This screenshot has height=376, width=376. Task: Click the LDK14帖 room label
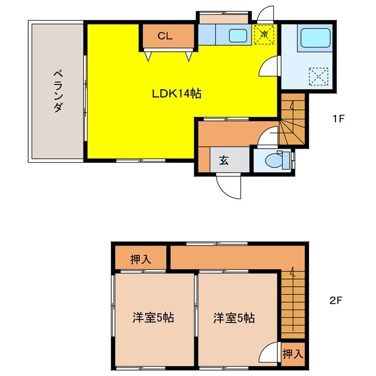click(x=177, y=93)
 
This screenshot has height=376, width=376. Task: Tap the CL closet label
click(x=165, y=36)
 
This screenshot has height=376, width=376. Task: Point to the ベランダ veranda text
click(x=58, y=91)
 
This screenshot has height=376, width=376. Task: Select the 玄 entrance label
click(x=224, y=159)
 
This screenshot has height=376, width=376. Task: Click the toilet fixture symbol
click(x=277, y=160)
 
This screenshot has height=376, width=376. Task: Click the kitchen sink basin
click(x=238, y=35)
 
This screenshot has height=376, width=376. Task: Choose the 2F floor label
click(x=335, y=300)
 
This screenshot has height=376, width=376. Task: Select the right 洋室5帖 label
click(x=234, y=318)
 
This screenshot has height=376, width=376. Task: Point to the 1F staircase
click(x=292, y=120)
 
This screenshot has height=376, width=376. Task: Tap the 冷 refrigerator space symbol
click(x=264, y=34)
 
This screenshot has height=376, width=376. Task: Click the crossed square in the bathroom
click(x=318, y=76)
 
